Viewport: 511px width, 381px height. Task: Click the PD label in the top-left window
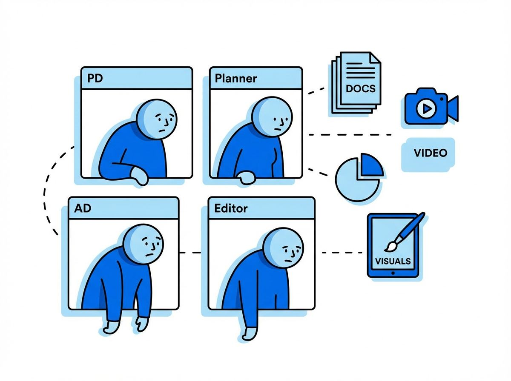[95, 78]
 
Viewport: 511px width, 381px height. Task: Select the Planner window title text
[235, 78]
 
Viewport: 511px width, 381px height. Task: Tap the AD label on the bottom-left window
[83, 208]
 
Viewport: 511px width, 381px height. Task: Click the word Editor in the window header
[231, 208]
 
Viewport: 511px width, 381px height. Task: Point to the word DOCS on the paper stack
[361, 88]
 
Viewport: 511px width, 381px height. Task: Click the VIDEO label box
[428, 155]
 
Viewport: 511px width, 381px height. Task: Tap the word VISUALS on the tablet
[393, 261]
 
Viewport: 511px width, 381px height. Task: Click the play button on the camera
[426, 108]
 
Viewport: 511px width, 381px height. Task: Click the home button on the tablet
[393, 273]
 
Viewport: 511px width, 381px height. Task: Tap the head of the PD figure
[156, 119]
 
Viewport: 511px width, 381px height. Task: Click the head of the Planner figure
[272, 117]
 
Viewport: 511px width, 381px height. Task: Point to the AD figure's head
[143, 245]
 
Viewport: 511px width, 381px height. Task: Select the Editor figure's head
[283, 248]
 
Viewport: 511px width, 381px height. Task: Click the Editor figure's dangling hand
[250, 334]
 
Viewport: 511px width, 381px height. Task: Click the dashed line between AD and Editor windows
[190, 253]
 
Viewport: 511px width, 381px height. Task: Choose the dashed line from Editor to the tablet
[342, 253]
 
